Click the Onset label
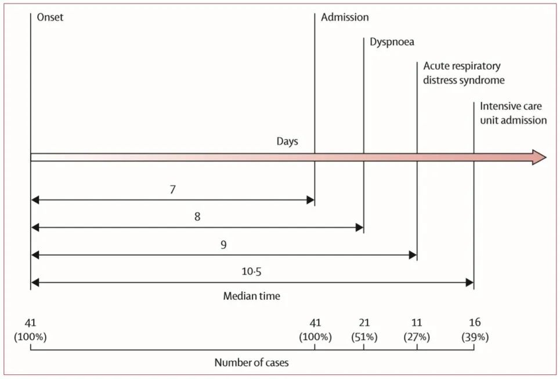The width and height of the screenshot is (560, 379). tap(50, 17)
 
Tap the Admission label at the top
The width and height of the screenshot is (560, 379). tap(345, 17)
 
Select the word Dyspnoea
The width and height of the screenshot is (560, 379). tap(392, 42)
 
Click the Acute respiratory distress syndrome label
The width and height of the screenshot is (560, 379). tap(464, 73)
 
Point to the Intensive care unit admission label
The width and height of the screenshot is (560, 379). tap(513, 113)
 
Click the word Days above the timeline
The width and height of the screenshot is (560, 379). tap(287, 141)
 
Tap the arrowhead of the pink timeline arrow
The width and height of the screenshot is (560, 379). tap(539, 157)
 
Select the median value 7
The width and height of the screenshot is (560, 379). tap(173, 189)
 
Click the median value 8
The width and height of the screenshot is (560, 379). tap(197, 216)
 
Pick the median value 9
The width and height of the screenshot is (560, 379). tap(223, 245)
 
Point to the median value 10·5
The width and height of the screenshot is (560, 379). tap(251, 271)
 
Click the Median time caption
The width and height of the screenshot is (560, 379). tap(251, 296)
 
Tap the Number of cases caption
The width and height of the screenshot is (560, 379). tap(251, 363)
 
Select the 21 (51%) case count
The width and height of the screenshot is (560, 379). tap(364, 330)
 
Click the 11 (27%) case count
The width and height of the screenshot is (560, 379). tap(417, 330)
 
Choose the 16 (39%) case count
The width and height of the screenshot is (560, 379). tap(475, 330)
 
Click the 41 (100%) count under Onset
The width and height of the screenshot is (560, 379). tap(30, 330)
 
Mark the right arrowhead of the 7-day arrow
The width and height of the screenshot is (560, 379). tap(310, 200)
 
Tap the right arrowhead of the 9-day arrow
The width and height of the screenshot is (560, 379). tap(413, 255)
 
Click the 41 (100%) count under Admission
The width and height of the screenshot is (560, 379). tap(315, 330)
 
